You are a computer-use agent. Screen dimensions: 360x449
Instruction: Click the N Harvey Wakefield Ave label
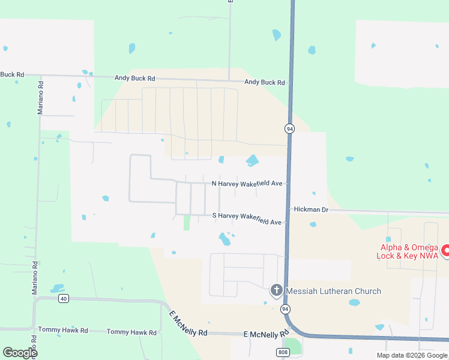(x=247, y=184)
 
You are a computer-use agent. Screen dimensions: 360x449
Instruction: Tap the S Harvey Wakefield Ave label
(x=247, y=219)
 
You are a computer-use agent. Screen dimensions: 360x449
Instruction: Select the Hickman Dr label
(x=312, y=209)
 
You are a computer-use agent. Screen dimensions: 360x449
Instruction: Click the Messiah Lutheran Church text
(x=334, y=292)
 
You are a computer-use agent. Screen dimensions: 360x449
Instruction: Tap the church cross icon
(x=276, y=291)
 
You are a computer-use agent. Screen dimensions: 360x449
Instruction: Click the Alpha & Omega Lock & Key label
(x=408, y=251)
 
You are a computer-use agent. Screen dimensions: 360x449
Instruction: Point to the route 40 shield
(x=64, y=298)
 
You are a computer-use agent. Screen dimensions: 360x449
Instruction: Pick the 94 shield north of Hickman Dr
(x=289, y=128)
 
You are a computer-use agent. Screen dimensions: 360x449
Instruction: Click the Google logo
(x=20, y=353)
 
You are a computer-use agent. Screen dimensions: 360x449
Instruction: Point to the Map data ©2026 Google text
(x=412, y=355)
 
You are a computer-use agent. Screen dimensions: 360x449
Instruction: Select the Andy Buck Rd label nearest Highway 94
(x=264, y=82)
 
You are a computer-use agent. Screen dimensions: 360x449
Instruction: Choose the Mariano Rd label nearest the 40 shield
(x=35, y=277)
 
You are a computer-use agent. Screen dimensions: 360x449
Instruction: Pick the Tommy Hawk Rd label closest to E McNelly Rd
(x=131, y=332)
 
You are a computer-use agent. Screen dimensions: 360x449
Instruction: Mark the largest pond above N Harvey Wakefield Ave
(x=252, y=161)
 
